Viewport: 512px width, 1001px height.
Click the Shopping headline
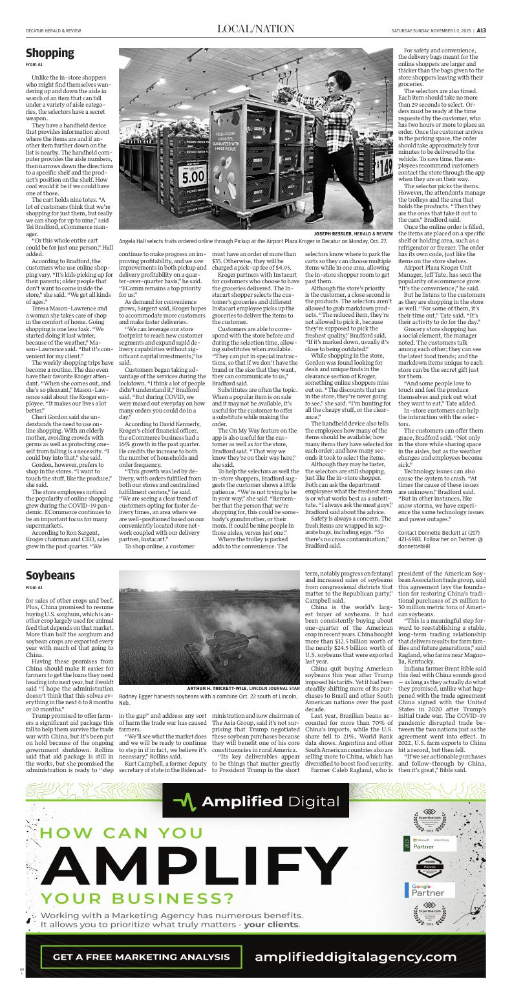click(x=50, y=53)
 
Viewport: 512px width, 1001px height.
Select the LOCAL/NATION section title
click(x=255, y=29)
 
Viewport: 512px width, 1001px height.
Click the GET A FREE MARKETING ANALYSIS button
click(x=141, y=956)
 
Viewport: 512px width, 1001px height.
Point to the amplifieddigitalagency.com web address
click(x=356, y=956)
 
